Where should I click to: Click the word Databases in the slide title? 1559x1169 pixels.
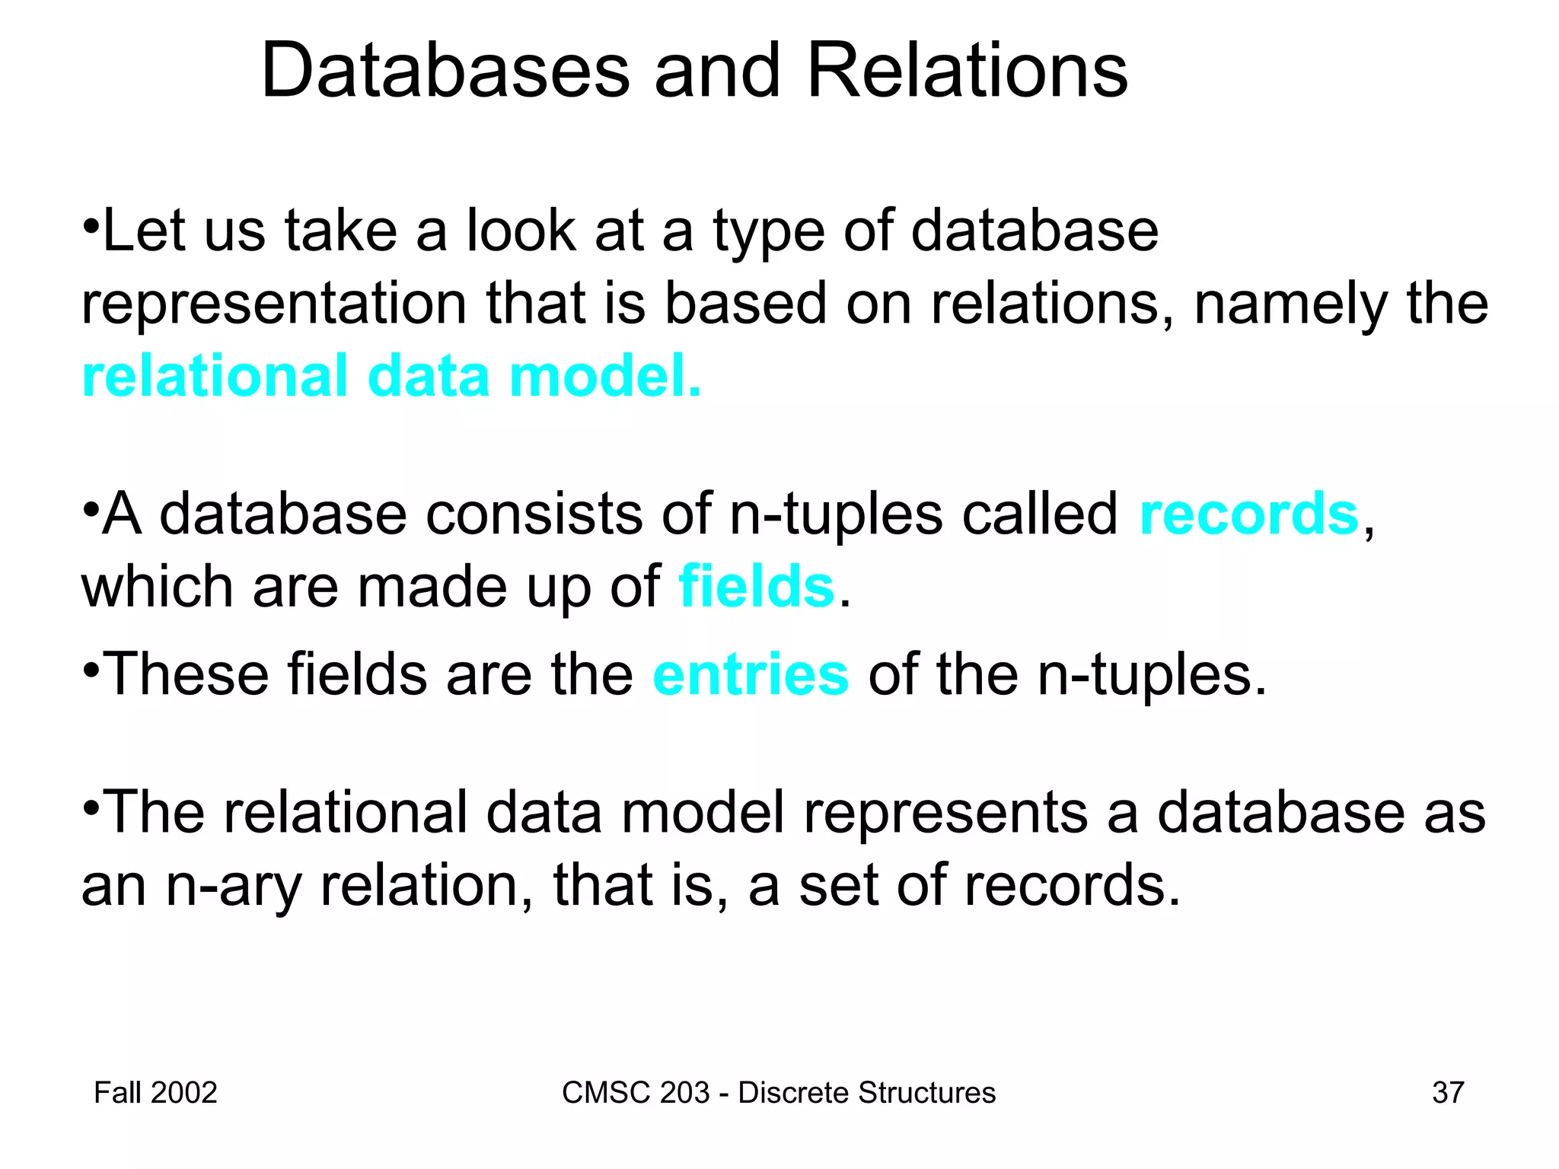[445, 71]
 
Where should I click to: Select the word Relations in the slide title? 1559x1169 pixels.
[967, 71]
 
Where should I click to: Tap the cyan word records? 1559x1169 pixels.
[1248, 514]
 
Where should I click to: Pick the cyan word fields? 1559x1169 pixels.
[757, 587]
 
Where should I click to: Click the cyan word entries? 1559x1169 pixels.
[751, 675]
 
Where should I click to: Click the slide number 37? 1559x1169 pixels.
[1448, 1092]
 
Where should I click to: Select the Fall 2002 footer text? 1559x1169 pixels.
[155, 1092]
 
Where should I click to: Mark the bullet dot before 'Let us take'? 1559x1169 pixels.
[91, 226]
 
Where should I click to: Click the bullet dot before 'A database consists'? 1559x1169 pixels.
[91, 508]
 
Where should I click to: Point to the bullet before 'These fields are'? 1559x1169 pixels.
[91, 670]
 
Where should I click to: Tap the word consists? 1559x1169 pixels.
[533, 514]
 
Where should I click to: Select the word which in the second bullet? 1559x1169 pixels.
[157, 587]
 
